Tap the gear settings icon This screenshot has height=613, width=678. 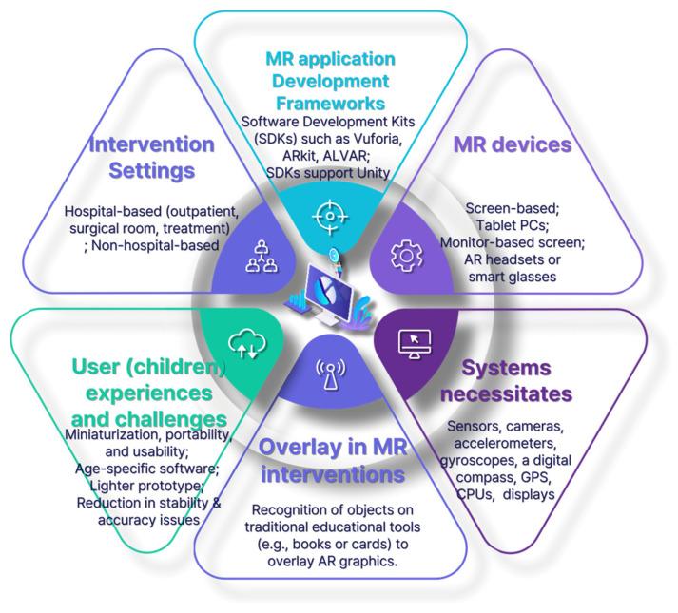coord(406,254)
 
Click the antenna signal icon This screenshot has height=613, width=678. coord(328,374)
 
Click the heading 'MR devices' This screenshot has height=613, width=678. coord(512,144)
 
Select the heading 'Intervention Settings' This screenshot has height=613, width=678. coord(151,158)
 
